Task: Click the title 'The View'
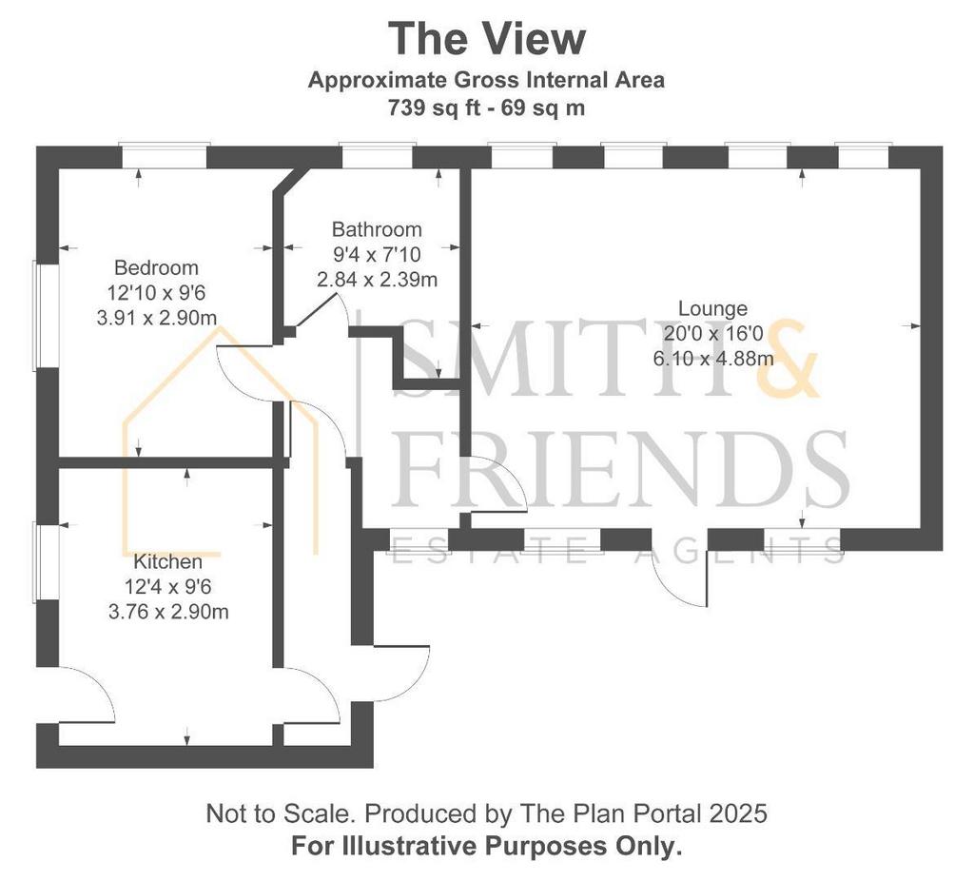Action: (487, 38)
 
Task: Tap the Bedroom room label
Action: (157, 267)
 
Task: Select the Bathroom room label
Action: (377, 229)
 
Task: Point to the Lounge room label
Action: (712, 308)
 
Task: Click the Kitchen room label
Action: (167, 561)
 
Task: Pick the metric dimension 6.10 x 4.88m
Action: (713, 359)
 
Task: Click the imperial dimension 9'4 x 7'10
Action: (377, 254)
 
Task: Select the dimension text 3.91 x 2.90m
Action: (157, 318)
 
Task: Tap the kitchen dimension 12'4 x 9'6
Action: (167, 586)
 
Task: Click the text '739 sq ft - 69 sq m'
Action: (486, 108)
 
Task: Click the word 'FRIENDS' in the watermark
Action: (621, 468)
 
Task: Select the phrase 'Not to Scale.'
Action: (282, 813)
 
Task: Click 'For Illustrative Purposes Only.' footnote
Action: (486, 846)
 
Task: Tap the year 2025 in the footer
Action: (742, 813)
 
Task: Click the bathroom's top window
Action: (377, 155)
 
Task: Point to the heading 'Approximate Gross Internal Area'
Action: (486, 80)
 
